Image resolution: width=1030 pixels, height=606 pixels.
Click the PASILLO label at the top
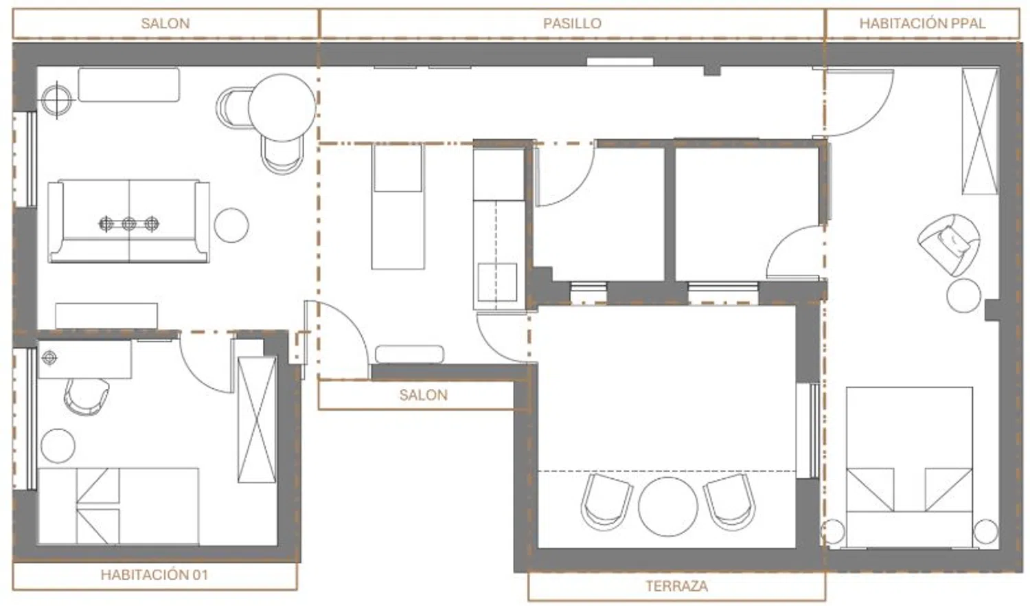click(x=572, y=23)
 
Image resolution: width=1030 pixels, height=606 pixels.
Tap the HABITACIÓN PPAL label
click(x=922, y=23)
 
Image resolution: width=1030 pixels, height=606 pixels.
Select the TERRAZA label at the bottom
click(x=677, y=586)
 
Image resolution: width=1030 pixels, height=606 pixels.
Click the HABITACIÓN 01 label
click(x=154, y=574)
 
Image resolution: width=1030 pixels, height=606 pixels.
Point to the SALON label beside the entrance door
click(x=424, y=395)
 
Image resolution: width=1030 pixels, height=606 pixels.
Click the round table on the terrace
click(x=668, y=506)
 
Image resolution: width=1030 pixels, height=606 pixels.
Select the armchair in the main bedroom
click(x=948, y=245)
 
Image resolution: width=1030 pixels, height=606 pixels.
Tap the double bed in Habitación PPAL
click(x=910, y=467)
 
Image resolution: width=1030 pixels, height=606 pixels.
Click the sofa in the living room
click(x=129, y=221)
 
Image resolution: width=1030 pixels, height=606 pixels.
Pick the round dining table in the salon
click(x=282, y=108)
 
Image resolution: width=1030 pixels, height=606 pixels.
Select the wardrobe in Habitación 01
click(x=257, y=419)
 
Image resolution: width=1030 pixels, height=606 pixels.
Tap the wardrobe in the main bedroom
click(x=981, y=131)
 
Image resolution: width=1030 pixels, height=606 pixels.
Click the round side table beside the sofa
click(x=231, y=225)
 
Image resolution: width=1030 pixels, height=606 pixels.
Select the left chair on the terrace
click(x=604, y=502)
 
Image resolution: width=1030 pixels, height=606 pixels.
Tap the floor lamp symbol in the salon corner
click(x=56, y=100)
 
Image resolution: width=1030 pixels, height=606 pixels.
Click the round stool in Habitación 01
click(x=58, y=446)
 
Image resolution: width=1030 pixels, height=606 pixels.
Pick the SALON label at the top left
click(x=165, y=23)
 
